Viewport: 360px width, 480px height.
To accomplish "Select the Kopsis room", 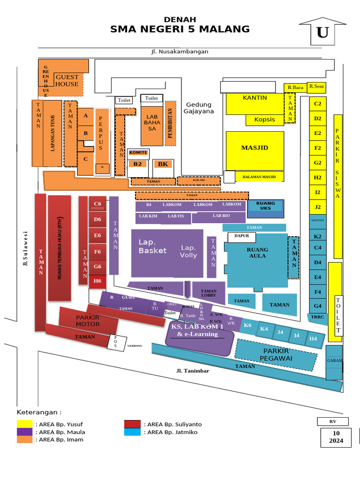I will pyautogui.click(x=265, y=120).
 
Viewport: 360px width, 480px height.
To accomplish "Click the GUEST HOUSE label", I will pyautogui.click(x=67, y=81).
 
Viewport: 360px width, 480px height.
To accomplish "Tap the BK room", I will pyautogui.click(x=163, y=164).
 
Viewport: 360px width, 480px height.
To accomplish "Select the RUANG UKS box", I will pyautogui.click(x=266, y=206).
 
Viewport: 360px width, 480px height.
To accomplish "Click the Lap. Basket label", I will pyautogui.click(x=152, y=246).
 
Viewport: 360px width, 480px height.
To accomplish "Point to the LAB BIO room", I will pyautogui.click(x=221, y=216).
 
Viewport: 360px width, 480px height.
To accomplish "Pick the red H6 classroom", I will pyautogui.click(x=97, y=281).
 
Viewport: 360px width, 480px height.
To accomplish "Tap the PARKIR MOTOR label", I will pyautogui.click(x=88, y=321).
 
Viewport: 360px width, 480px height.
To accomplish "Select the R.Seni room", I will pyautogui.click(x=316, y=87).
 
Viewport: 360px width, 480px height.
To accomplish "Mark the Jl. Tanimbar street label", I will pyautogui.click(x=193, y=371).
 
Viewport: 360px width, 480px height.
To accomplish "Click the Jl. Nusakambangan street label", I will pyautogui.click(x=180, y=52).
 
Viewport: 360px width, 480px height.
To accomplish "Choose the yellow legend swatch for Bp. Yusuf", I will pyautogui.click(x=24, y=424).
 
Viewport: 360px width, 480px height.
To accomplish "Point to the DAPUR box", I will pyautogui.click(x=241, y=237).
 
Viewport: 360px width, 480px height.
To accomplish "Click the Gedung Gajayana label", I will pyautogui.click(x=199, y=108).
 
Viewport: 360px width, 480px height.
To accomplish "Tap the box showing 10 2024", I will pyautogui.click(x=336, y=437).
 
